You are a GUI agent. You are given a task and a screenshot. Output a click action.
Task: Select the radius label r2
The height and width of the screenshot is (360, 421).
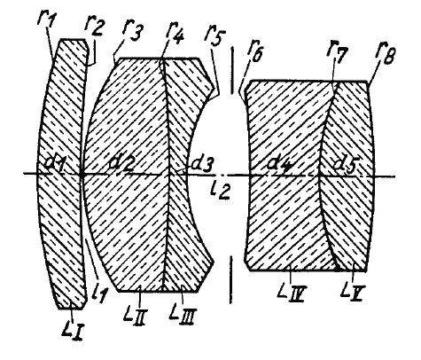click(x=94, y=27)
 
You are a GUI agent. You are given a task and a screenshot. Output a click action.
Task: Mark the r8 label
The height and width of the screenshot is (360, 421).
click(x=386, y=54)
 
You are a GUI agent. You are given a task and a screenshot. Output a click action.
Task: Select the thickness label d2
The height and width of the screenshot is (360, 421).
click(x=121, y=164)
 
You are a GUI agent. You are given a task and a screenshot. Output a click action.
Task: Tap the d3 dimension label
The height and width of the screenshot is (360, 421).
click(x=202, y=164)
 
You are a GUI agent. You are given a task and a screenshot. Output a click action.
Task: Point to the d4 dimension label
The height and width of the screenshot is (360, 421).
click(x=279, y=164)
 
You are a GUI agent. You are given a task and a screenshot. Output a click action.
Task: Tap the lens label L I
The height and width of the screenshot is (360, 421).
click(x=72, y=329)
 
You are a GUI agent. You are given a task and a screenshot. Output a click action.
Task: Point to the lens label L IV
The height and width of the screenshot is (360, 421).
click(x=292, y=290)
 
